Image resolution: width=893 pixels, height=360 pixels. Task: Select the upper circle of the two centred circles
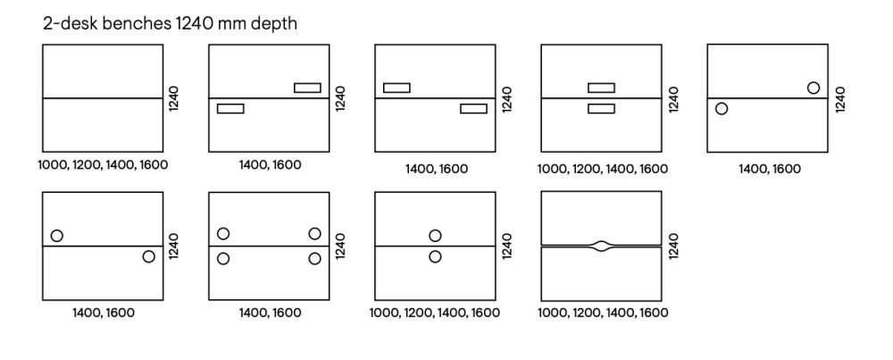(x=435, y=235)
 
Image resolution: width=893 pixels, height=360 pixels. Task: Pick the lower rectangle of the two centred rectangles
(x=601, y=108)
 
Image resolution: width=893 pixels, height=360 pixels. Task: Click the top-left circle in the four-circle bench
(x=223, y=234)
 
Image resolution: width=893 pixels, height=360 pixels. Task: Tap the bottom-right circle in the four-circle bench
(x=314, y=258)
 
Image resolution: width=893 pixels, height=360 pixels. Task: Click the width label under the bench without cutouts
(x=103, y=165)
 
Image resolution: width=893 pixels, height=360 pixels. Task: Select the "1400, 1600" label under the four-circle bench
(x=269, y=313)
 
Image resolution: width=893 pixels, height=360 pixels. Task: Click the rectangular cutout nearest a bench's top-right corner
(x=306, y=88)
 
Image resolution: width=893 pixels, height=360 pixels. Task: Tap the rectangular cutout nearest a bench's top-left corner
(x=396, y=88)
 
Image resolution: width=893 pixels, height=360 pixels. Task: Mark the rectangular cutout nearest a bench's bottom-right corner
(x=473, y=108)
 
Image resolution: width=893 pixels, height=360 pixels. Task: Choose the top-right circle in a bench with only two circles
(x=813, y=88)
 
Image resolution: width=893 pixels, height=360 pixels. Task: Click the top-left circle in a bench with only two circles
(x=57, y=236)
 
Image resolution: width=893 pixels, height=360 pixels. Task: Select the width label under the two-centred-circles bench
(x=435, y=313)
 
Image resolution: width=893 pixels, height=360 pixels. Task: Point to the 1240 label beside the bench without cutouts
(x=174, y=99)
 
